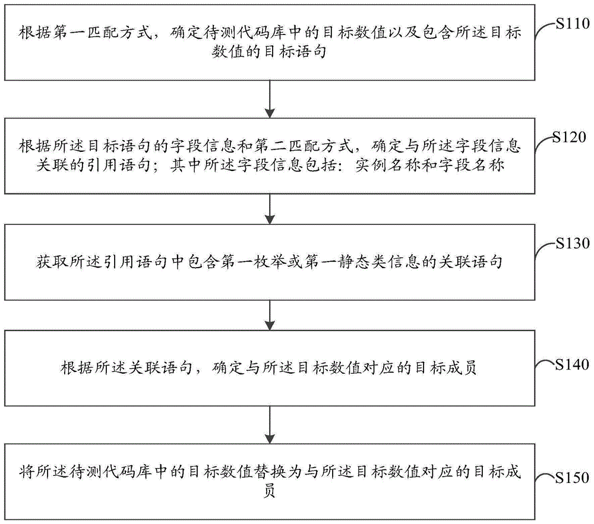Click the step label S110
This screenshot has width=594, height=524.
coord(573,24)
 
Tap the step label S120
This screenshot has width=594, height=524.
coord(569,137)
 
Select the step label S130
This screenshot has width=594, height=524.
coord(573,243)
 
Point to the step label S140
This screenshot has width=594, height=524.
coord(572,364)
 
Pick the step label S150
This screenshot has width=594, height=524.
coord(572,478)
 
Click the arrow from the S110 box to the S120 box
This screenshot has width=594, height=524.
coord(270,99)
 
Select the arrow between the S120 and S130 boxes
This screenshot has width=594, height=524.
coord(270,209)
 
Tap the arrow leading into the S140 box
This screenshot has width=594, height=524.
coord(270,315)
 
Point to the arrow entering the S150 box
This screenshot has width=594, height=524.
coord(270,425)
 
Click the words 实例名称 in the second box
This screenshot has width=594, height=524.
coord(388,166)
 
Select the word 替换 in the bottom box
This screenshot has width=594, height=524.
coord(270,472)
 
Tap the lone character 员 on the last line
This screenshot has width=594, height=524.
coord(269,491)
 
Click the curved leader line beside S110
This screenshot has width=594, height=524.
coord(545,30)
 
